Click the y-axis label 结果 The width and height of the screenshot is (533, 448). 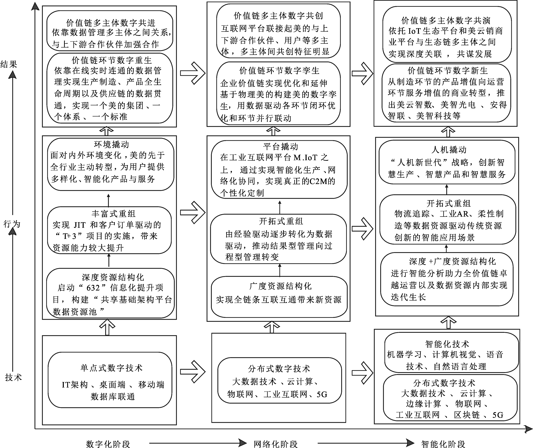tap(9, 64)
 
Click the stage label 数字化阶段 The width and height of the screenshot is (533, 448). tap(108, 444)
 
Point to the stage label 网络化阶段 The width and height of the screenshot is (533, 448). tap(276, 444)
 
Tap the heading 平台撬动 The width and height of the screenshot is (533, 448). tap(281, 146)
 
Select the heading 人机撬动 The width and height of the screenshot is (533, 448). tap(449, 149)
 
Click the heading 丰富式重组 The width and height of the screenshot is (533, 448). tap(114, 213)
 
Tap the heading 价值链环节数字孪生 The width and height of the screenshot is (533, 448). tap(279, 70)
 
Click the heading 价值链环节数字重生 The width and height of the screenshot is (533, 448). tap(112, 60)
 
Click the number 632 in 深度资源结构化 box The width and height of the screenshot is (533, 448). tap(93, 288)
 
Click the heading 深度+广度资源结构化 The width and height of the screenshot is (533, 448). tap(452, 261)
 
